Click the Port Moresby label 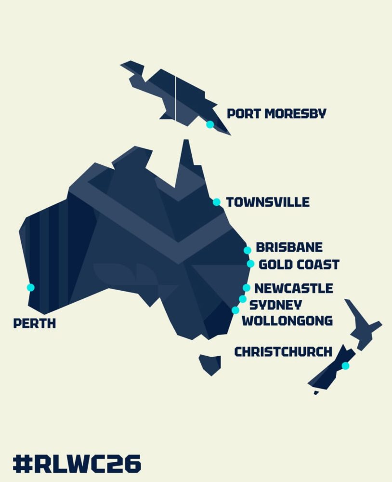click(276, 114)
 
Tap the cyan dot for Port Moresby click(210, 124)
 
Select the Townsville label click(268, 202)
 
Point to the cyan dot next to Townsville click(217, 202)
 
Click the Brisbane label click(289, 248)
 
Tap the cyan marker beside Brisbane click(248, 250)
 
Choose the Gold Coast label click(299, 265)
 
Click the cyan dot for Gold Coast click(250, 264)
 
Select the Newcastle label click(293, 288)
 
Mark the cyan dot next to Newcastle click(247, 288)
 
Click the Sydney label click(275, 305)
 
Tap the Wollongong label click(287, 321)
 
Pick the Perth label click(35, 323)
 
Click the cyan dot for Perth click(31, 287)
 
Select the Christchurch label click(283, 352)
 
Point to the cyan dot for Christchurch click(345, 366)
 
